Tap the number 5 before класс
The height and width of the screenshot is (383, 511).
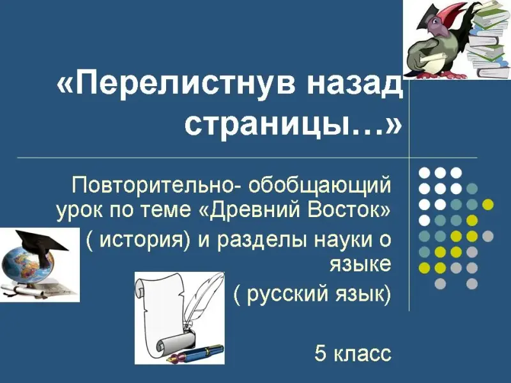[321, 353]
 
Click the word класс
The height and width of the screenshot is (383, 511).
[363, 354]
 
